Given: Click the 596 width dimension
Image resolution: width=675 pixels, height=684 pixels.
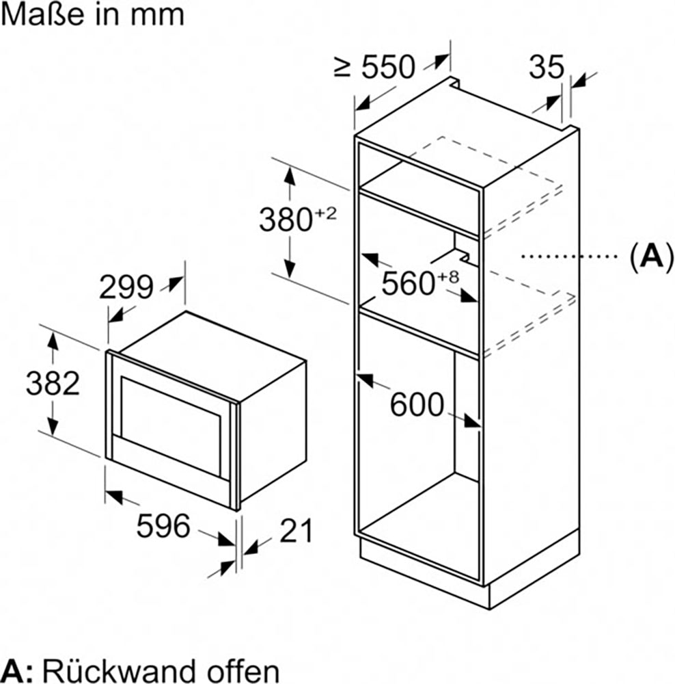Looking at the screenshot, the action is (163, 525).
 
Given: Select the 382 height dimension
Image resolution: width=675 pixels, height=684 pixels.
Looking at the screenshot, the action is (53, 384).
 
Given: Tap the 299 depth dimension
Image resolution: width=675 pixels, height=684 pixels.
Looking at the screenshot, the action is (126, 287).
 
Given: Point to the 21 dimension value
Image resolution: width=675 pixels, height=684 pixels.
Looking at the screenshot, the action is (296, 531).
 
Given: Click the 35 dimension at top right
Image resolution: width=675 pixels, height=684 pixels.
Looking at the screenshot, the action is (547, 67).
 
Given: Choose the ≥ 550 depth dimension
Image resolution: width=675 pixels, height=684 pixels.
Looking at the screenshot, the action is (374, 67).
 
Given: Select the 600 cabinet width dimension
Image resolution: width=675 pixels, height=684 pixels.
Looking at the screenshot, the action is (417, 405).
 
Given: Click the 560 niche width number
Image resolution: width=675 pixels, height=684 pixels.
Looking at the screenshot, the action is (409, 284).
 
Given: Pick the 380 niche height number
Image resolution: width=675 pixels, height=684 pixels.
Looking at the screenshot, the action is (286, 220).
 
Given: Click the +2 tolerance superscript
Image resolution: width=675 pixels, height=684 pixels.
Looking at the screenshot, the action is (325, 213).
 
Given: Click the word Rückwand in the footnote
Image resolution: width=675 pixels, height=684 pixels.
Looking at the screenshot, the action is (113, 671).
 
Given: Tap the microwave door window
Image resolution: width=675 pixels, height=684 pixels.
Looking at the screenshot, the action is (170, 426).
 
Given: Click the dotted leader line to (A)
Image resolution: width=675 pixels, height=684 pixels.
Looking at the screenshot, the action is (570, 256).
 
